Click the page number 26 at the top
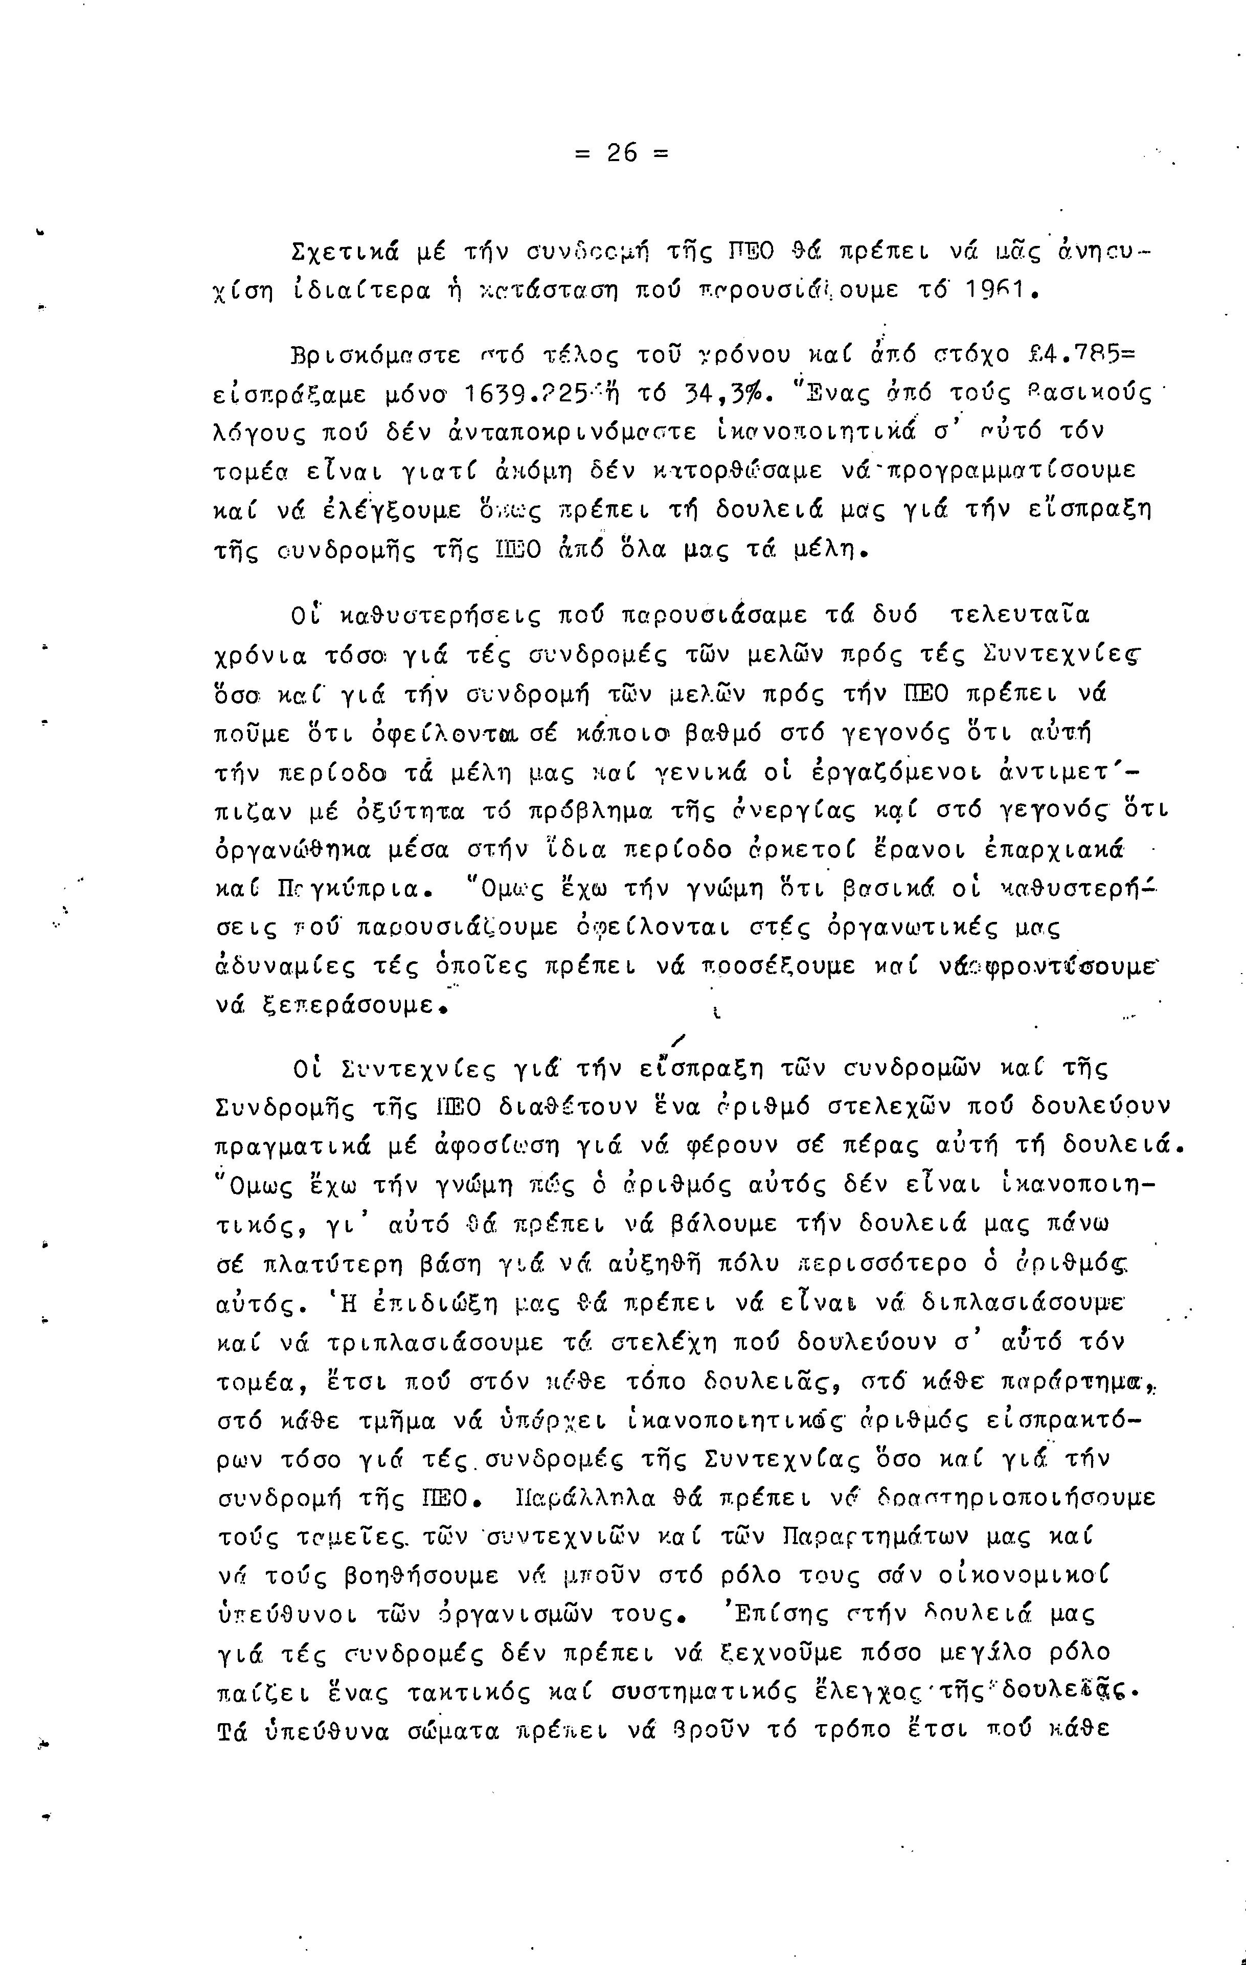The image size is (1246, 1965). point(622,152)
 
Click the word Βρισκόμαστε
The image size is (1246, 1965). point(375,356)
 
